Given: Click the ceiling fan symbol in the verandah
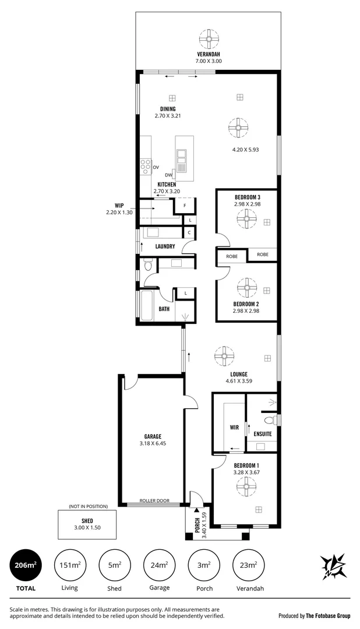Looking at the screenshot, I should click(x=209, y=40).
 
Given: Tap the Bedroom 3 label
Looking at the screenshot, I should click(x=247, y=197).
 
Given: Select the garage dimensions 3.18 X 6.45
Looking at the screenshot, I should click(x=153, y=443).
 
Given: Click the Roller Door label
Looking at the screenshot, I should click(x=154, y=501).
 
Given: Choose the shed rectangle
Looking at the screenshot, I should click(x=87, y=524).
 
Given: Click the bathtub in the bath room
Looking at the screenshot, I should click(x=146, y=306).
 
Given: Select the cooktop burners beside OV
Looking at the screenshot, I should click(x=145, y=167).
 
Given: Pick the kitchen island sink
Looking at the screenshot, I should click(x=182, y=155).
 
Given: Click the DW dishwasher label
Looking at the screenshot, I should click(x=168, y=175).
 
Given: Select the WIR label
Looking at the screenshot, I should click(x=234, y=427).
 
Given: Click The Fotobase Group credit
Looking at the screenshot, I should click(x=314, y=615).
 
